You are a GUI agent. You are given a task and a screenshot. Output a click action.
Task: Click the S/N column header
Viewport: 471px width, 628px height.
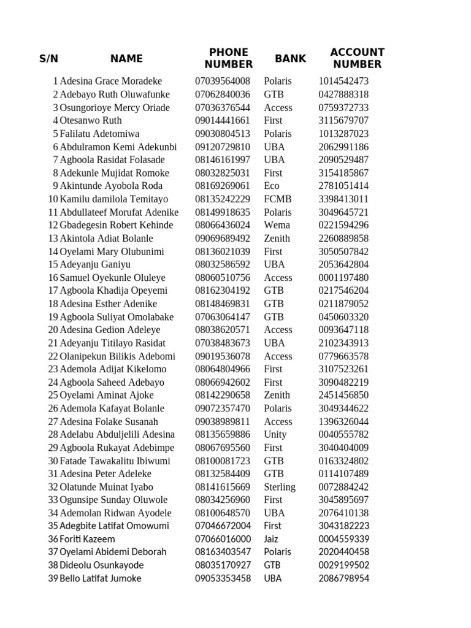[48, 59]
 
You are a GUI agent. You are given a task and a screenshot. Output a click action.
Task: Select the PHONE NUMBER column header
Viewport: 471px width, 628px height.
[229, 58]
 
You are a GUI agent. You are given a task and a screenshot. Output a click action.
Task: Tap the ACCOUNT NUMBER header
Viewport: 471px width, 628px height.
[357, 58]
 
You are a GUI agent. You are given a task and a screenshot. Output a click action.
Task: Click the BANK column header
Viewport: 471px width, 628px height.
[291, 59]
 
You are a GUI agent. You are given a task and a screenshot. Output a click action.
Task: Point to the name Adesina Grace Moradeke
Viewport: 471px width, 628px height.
[111, 81]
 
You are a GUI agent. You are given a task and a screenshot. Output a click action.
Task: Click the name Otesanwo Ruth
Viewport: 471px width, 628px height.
[91, 120]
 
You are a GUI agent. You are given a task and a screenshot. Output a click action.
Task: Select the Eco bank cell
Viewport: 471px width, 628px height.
[272, 186]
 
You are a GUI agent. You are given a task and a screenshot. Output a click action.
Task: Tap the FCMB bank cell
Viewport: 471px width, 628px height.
[278, 199]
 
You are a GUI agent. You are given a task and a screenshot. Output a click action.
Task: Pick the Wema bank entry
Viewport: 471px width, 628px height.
[277, 225]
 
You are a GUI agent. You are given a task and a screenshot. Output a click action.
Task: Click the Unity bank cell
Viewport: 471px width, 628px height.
[275, 434]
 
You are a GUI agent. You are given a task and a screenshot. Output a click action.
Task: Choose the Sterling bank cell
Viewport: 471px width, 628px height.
[280, 487]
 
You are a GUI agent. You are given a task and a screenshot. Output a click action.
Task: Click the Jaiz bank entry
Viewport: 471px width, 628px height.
[271, 539]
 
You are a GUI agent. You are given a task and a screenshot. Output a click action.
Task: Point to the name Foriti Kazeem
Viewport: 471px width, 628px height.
[87, 539]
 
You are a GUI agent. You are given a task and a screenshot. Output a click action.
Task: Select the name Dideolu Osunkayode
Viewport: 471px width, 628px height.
[102, 565]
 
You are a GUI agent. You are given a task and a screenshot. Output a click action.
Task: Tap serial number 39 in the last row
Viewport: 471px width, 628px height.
[53, 578]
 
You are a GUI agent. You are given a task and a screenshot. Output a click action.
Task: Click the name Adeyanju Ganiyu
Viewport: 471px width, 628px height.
[95, 264]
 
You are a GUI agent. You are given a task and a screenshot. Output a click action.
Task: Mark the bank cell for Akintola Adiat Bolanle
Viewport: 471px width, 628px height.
[277, 238]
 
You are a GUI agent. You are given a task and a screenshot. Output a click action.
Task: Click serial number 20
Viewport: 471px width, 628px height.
[53, 329]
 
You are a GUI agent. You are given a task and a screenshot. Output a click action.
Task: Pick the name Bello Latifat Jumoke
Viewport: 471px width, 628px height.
[101, 578]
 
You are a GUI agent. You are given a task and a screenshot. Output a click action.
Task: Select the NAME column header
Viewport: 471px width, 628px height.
[126, 59]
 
